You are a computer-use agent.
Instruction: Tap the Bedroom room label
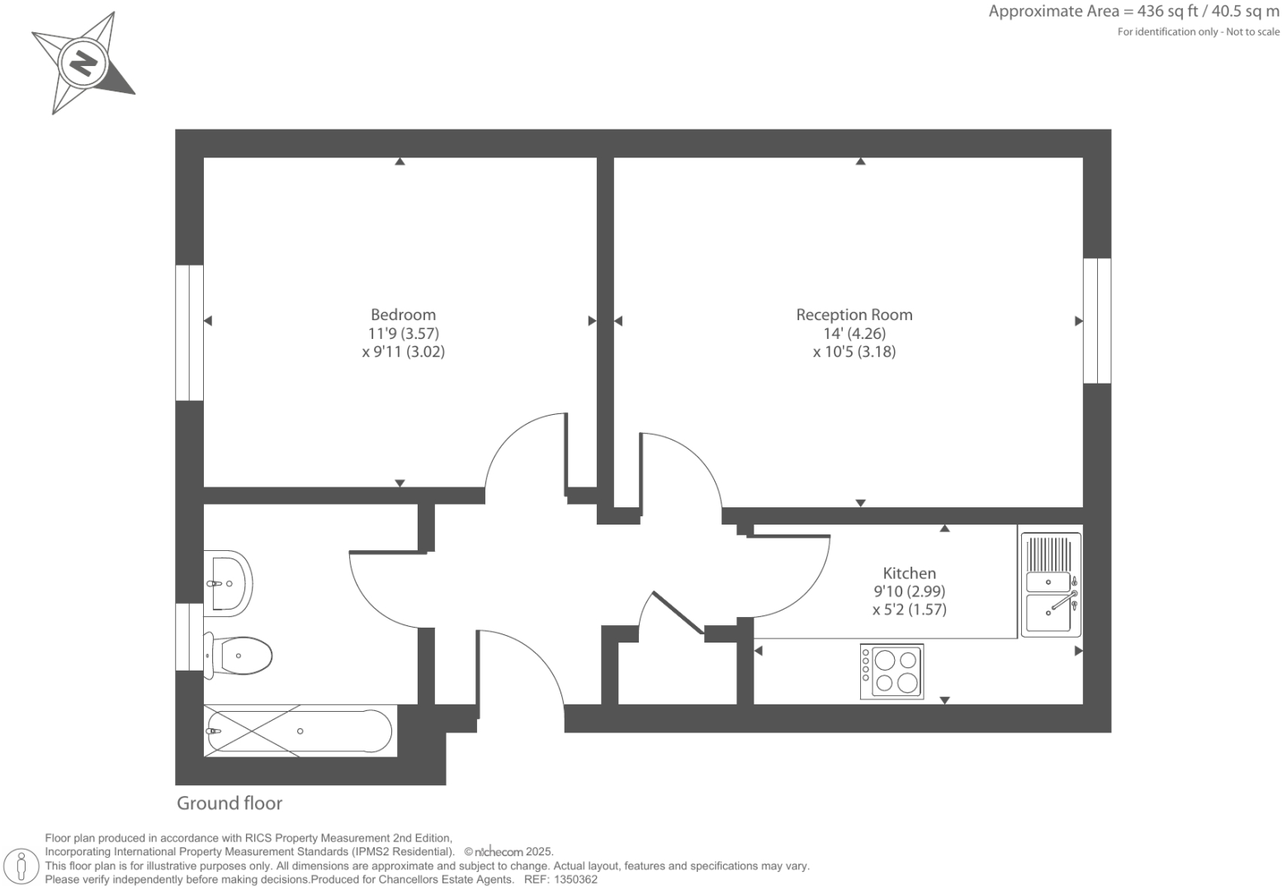pos(403,314)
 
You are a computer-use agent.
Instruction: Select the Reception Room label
pos(854,314)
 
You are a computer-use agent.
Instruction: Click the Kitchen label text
pos(909,572)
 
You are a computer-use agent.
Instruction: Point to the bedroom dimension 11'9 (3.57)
pos(403,333)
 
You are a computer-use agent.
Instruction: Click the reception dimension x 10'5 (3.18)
pos(854,352)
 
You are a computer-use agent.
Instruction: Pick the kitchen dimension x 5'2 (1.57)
pos(909,610)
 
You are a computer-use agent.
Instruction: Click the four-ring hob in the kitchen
pos(892,671)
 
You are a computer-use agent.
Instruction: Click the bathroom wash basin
pos(229,582)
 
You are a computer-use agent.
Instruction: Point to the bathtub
pos(299,731)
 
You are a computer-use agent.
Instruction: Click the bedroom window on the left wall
pos(189,332)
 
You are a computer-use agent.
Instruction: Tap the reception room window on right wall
pos(1097,321)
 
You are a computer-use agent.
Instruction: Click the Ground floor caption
pos(229,803)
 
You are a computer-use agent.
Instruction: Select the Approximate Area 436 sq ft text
pos(1133,12)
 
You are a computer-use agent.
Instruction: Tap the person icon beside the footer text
pos(21,866)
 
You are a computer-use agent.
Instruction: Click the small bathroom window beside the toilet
pos(189,637)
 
